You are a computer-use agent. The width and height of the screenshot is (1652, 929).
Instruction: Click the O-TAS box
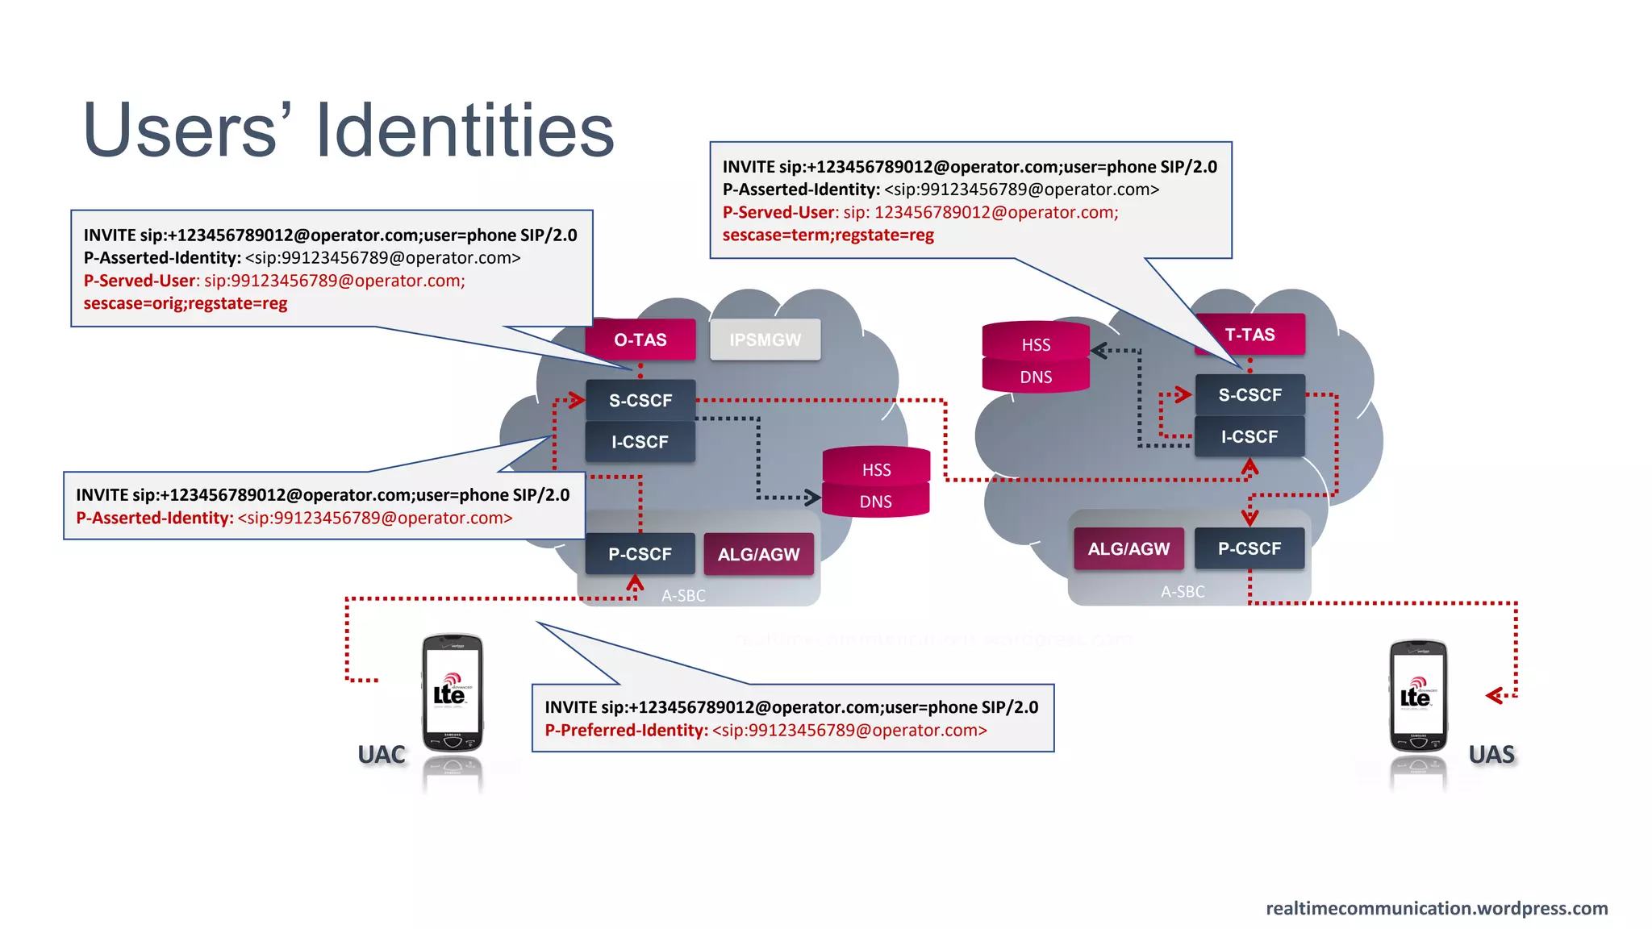click(640, 340)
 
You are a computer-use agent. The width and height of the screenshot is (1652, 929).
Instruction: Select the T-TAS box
click(1249, 335)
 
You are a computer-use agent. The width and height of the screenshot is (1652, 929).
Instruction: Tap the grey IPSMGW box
click(765, 340)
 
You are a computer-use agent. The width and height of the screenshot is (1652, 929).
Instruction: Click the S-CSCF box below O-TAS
click(640, 400)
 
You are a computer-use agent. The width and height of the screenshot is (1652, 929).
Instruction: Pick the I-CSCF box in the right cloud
click(1249, 436)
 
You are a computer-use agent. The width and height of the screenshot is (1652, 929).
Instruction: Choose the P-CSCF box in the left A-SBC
click(640, 554)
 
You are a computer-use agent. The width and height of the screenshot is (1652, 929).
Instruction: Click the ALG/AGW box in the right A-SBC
click(1128, 549)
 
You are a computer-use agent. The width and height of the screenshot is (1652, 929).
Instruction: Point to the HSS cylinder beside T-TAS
click(1036, 344)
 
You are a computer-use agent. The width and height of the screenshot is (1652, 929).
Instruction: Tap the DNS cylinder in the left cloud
click(875, 502)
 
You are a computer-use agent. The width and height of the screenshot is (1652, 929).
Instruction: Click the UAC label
click(382, 755)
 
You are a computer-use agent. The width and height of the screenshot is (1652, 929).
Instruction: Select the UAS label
click(1491, 755)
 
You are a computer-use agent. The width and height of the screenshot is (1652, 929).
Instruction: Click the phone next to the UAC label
click(453, 694)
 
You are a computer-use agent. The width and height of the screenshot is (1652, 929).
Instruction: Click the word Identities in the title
click(465, 131)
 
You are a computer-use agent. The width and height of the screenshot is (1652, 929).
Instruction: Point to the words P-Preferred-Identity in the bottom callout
click(626, 731)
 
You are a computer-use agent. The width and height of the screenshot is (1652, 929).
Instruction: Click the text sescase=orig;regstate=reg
click(186, 304)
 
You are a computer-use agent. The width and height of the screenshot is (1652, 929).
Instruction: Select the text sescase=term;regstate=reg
click(828, 235)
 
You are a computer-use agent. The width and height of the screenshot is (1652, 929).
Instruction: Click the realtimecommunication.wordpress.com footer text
click(1436, 908)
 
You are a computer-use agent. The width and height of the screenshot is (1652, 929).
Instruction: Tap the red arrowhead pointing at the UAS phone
click(1494, 695)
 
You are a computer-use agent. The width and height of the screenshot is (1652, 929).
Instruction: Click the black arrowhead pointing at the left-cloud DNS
click(812, 497)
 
